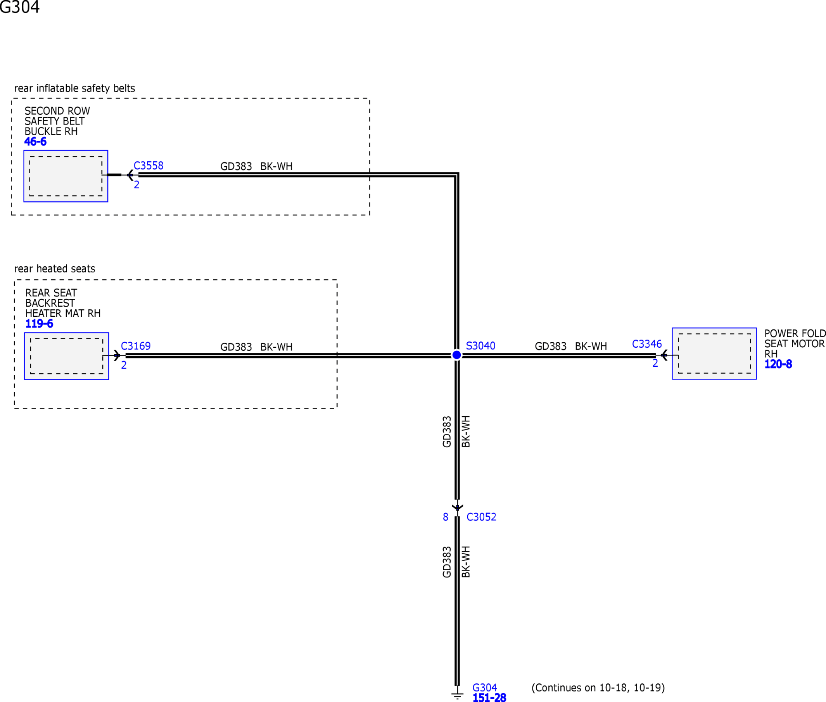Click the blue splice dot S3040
point(456,355)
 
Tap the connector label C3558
point(149,166)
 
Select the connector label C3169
point(136,346)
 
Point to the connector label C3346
point(647,344)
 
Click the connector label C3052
point(481,517)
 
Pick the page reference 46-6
point(35,141)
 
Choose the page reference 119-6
point(39,324)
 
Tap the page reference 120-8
point(778,364)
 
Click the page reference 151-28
point(489,697)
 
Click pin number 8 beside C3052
point(446,517)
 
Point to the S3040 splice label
point(480,346)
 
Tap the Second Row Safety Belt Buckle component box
point(66,176)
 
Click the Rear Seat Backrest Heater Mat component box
point(66,356)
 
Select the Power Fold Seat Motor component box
point(714,354)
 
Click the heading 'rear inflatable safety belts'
point(75,88)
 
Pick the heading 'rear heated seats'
point(55,269)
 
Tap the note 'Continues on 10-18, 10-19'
point(598,688)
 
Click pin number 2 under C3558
point(137,185)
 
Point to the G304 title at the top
point(19,7)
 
